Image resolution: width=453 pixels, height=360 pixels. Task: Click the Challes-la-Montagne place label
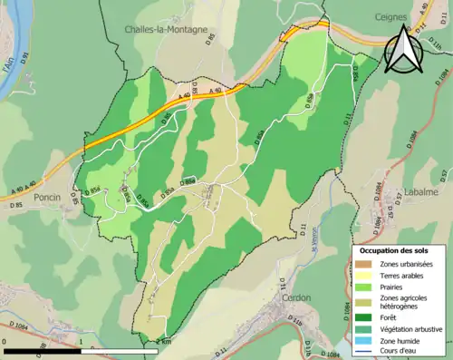167,29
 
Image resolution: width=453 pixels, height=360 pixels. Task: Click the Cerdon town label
296,297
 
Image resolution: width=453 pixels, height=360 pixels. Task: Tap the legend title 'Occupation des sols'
396,250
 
